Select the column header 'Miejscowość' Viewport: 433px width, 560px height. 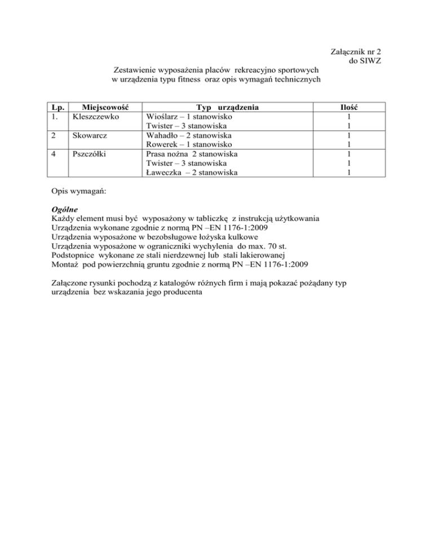click(103, 106)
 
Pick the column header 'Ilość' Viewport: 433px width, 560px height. click(350, 106)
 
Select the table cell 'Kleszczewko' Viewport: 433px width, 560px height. click(93, 116)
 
